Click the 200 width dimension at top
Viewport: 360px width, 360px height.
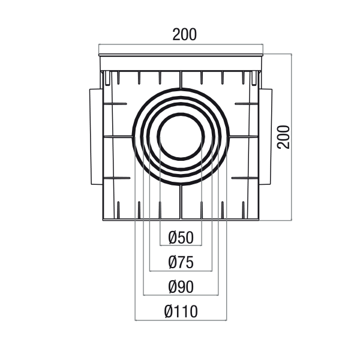184,35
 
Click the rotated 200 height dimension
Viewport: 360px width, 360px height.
284,137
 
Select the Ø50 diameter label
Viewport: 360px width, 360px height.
181,238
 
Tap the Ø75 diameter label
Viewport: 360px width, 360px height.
181,262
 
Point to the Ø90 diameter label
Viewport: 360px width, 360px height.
181,287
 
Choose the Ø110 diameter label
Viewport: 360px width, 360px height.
181,311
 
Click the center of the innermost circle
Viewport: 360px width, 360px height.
181,137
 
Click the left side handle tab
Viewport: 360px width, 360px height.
96,137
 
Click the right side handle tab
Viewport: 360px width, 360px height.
266,137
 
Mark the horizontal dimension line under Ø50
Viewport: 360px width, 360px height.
181,245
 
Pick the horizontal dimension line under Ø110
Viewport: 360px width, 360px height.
181,320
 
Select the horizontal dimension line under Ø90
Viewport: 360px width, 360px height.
181,295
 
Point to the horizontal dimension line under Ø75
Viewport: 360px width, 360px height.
181,271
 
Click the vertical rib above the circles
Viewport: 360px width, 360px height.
181,79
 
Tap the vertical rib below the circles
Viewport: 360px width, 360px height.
181,202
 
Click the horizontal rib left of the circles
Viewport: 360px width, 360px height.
118,137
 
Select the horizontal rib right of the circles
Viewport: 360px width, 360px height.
244,137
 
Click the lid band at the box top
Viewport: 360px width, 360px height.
181,63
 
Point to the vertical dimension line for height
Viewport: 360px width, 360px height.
292,137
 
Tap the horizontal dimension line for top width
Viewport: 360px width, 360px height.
181,44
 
